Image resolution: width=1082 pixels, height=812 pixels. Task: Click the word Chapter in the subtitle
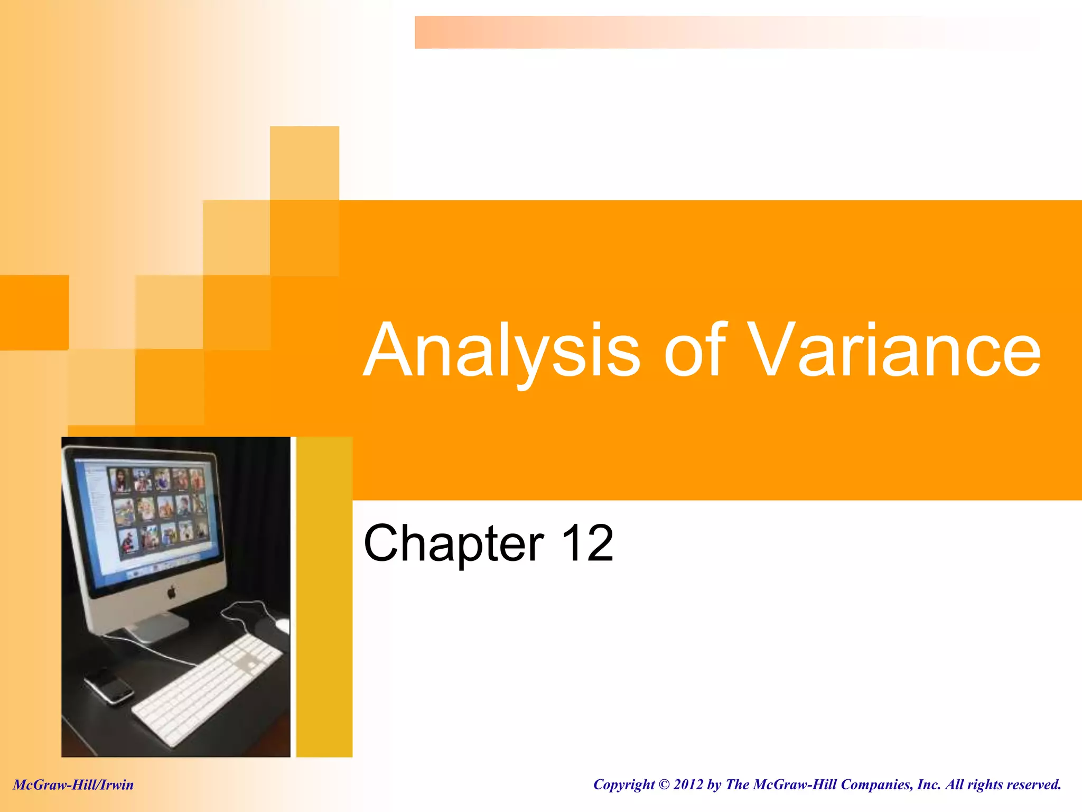[x=454, y=543]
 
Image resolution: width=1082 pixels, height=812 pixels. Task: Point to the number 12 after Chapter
[x=587, y=543]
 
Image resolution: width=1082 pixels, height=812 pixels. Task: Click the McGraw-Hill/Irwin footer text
[x=73, y=785]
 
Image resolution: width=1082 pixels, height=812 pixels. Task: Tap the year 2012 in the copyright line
[x=688, y=785]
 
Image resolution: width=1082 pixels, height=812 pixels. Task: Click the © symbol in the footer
[x=664, y=785]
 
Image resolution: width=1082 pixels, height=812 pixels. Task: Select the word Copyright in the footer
[x=623, y=785]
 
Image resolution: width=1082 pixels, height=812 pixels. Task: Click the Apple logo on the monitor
[x=171, y=592]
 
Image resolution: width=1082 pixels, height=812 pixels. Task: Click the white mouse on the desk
[x=282, y=626]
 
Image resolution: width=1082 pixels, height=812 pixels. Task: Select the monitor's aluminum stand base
[x=153, y=629]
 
